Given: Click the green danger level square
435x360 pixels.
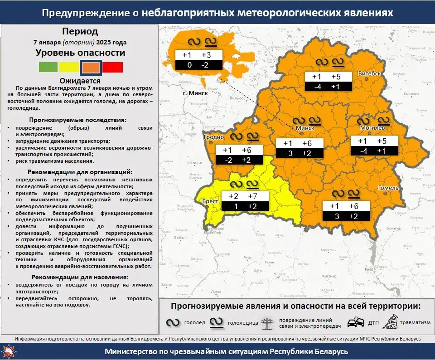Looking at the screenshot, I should coord(48,67).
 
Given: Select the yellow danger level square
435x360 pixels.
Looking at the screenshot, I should coord(68,67).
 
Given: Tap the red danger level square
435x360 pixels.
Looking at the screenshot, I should coord(112,67).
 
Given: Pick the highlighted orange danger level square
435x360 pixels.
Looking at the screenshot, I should coord(91,67).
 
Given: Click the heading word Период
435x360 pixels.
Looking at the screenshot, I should coord(80,32).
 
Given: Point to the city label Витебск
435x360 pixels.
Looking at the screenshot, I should coord(369,73).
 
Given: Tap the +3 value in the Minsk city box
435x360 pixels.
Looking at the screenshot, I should coord(206,55).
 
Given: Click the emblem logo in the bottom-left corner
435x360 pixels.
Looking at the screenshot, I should coord(8,351).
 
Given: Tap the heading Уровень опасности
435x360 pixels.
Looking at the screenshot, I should coord(80,53).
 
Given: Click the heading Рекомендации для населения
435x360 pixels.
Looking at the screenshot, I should coord(80,277).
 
